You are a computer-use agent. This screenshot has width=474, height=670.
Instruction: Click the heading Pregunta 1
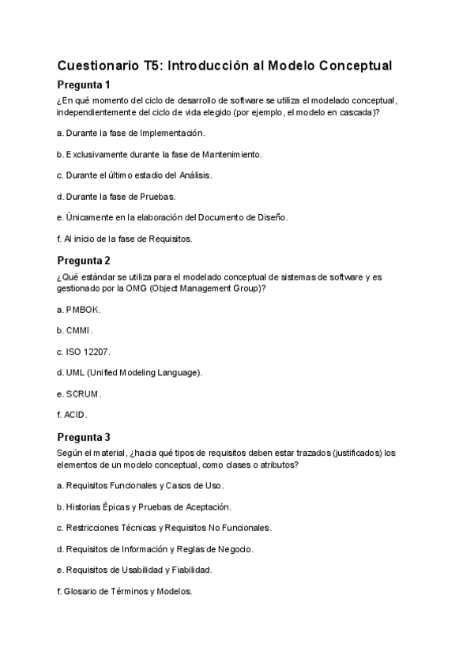(x=84, y=84)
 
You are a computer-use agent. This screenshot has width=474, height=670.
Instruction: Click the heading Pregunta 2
(x=84, y=260)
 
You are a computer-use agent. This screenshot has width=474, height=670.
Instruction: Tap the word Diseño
(x=271, y=217)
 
